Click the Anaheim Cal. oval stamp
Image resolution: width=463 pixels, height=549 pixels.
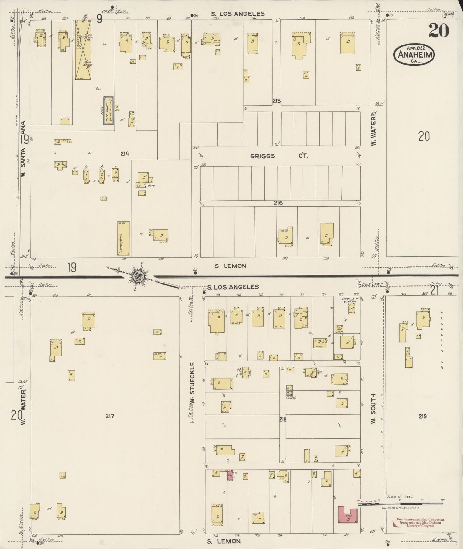click(414, 55)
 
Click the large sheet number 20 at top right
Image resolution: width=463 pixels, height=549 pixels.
click(439, 31)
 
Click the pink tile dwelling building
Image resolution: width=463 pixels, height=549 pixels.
click(347, 515)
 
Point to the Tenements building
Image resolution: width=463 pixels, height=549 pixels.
click(123, 238)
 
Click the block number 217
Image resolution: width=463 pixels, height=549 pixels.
click(110, 416)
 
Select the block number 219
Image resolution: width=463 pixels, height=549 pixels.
click(422, 416)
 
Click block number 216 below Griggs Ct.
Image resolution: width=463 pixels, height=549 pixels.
click(278, 203)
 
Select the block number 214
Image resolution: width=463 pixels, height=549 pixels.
click(125, 154)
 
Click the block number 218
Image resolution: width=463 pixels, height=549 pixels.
click(282, 419)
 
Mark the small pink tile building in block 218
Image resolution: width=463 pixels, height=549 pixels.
click(230, 475)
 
